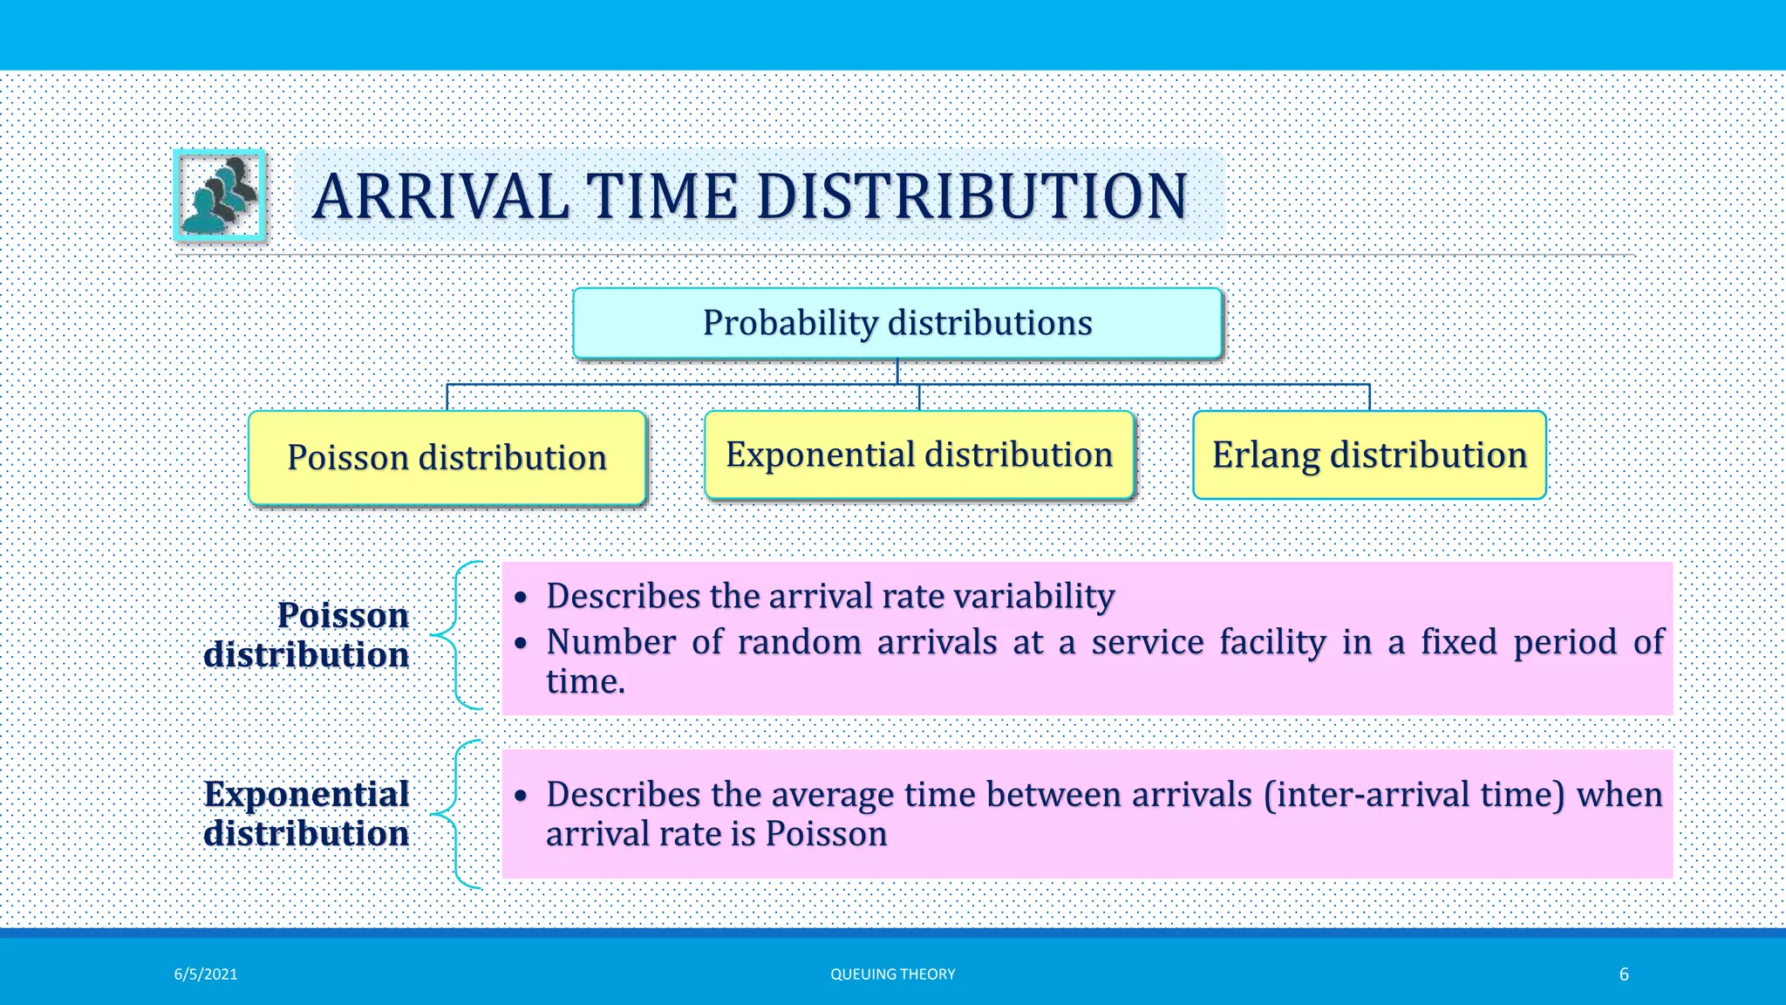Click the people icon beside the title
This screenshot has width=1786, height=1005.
[220, 195]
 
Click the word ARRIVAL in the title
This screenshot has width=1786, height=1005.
[440, 196]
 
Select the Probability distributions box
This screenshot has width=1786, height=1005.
[897, 323]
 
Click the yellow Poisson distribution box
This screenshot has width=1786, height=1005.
[446, 458]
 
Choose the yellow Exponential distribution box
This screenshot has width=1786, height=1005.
[919, 455]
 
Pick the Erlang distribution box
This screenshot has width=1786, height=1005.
[1369, 455]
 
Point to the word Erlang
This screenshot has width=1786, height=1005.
[1265, 455]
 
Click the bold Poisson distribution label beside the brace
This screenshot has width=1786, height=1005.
[307, 635]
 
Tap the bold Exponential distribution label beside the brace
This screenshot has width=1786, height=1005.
[307, 814]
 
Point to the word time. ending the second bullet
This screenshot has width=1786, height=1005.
[585, 682]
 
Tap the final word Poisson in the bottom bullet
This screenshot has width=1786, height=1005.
[826, 834]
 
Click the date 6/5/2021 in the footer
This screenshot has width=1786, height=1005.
[206, 974]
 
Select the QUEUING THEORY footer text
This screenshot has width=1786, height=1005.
[892, 974]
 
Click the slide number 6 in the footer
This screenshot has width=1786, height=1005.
[1624, 974]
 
